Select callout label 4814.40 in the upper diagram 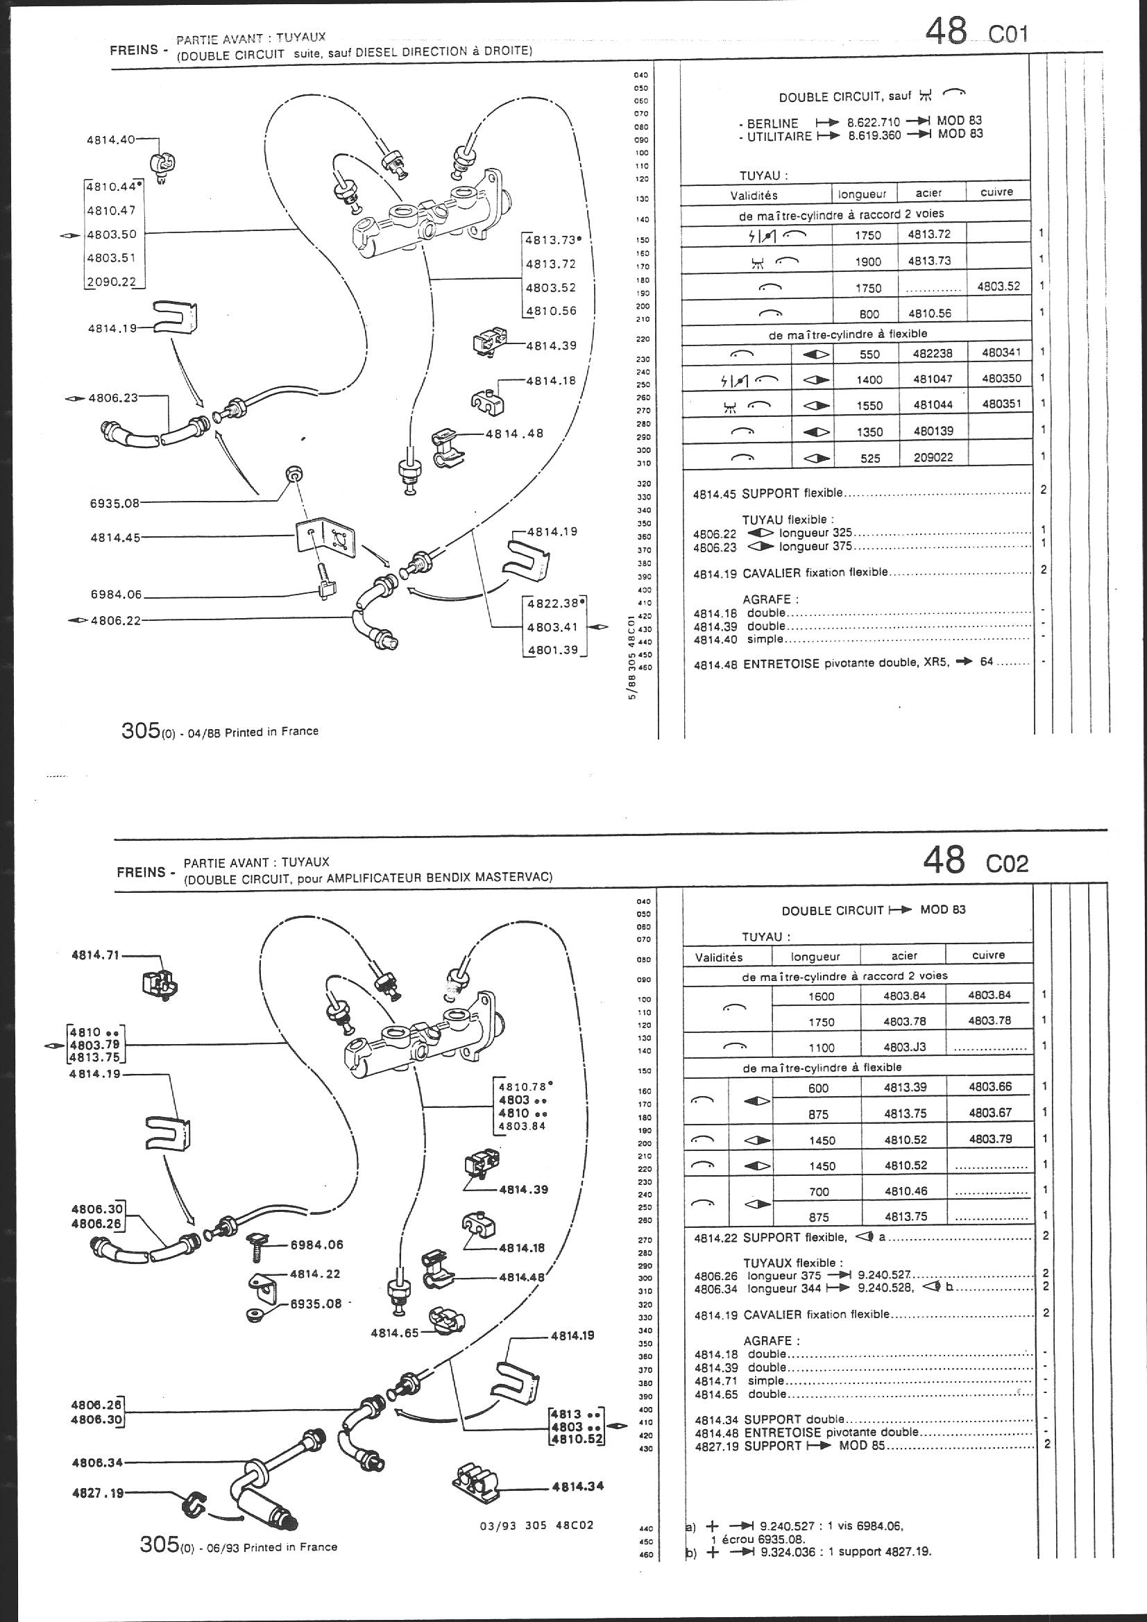tap(110, 140)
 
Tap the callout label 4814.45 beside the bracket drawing tap(115, 537)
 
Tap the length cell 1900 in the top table tap(867, 262)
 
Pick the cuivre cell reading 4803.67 tap(989, 1113)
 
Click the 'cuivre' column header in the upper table tap(996, 192)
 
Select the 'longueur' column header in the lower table tap(815, 957)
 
